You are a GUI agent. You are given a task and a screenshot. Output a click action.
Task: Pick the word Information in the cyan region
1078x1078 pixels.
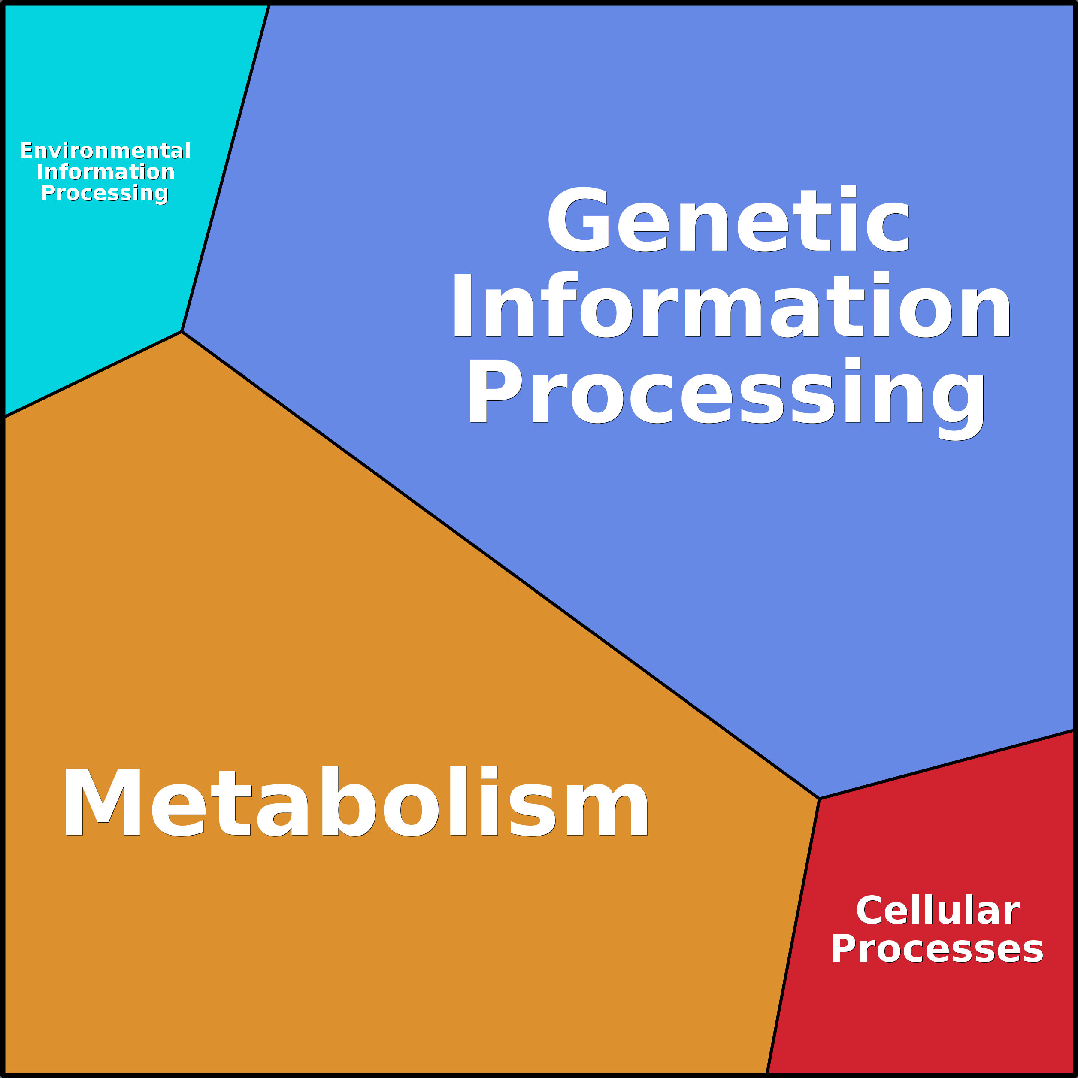click(x=106, y=172)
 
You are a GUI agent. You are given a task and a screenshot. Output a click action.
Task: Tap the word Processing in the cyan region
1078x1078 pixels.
click(x=104, y=193)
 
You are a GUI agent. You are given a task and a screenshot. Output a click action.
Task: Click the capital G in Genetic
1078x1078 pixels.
click(x=578, y=219)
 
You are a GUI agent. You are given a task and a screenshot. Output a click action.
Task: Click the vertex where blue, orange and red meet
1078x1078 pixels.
click(x=819, y=799)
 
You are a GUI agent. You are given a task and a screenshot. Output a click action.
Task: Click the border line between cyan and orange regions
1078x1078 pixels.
click(x=92, y=374)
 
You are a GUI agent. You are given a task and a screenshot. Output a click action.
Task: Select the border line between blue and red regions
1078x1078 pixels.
click(x=948, y=764)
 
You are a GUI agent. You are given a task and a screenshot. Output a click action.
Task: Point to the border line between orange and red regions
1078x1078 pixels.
click(x=793, y=937)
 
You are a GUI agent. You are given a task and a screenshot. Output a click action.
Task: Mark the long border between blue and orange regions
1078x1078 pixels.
click(x=500, y=565)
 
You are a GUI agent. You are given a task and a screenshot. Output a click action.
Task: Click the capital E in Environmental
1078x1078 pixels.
click(x=25, y=151)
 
